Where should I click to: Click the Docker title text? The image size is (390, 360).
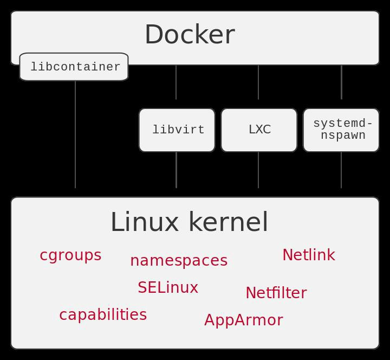pos(190,35)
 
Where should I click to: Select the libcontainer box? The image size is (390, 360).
pos(74,67)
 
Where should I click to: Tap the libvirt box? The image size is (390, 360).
pos(177,130)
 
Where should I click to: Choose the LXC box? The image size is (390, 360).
pos(259,130)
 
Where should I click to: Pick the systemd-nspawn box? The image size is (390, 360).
pos(341,130)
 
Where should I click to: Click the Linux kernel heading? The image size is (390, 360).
pos(189,222)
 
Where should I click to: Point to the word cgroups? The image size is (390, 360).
pos(70,255)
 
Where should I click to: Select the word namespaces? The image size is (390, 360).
pos(179,261)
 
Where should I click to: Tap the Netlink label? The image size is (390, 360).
pos(308,255)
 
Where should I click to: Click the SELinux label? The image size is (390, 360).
pos(168,288)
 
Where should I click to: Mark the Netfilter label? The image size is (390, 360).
pos(276,293)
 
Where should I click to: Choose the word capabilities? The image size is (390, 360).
pos(103,315)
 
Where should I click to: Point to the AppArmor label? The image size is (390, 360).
pos(243,320)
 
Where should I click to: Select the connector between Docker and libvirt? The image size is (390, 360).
pos(176,82)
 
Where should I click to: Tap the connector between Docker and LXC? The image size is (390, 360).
pos(258,82)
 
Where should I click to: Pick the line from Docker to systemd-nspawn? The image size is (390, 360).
pos(341,82)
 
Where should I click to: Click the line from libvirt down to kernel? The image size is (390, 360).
pos(176,170)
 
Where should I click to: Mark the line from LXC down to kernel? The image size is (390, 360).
pos(258,170)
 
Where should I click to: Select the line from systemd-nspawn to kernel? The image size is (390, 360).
pos(341,170)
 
